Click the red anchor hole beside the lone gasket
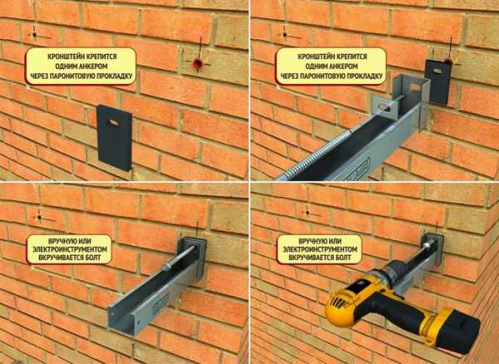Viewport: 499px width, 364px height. (197, 64)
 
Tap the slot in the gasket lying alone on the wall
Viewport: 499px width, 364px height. (113, 122)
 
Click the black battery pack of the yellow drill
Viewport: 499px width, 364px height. (458, 332)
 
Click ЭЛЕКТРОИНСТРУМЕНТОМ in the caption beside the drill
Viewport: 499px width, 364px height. (319, 249)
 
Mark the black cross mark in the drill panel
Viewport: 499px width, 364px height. (308, 213)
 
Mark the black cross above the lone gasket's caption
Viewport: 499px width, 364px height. (35, 34)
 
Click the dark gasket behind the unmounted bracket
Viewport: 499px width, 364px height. (438, 82)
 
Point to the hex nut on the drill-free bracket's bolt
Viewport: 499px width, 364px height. (166, 267)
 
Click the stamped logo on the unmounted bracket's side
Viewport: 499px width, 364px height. (358, 169)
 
